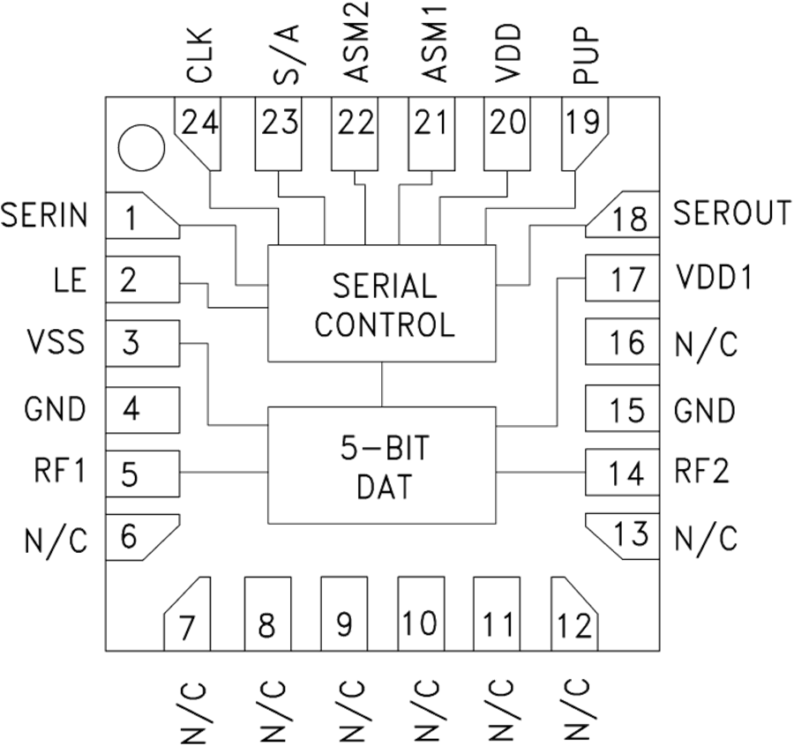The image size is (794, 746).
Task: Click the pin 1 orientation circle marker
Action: [x=140, y=146]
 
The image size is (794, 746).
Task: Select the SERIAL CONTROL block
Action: [x=384, y=304]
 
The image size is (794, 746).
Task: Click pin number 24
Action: [x=202, y=123]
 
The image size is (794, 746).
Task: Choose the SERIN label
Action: [x=45, y=216]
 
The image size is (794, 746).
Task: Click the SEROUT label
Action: [x=731, y=213]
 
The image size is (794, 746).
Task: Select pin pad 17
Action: [x=623, y=280]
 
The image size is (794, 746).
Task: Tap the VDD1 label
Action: [x=713, y=278]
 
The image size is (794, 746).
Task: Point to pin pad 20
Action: [x=508, y=132]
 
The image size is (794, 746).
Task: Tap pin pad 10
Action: [x=421, y=614]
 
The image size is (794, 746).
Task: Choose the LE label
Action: [x=70, y=280]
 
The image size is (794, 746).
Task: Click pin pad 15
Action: [x=623, y=410]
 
